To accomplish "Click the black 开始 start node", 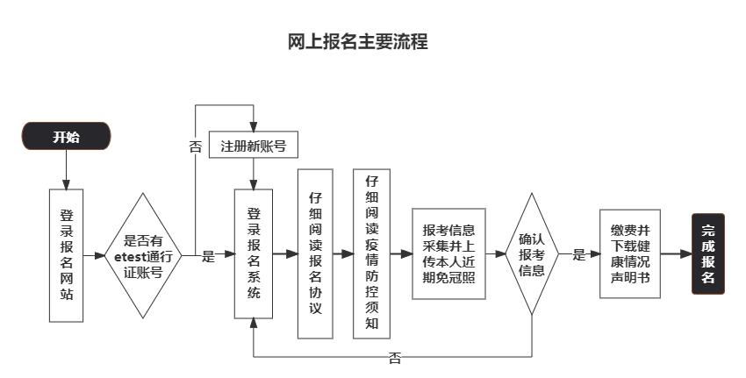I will coord(66,137).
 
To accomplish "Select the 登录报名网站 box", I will coord(66,254).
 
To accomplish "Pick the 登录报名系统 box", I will coord(253,254).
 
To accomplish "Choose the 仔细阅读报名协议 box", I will coord(315,254).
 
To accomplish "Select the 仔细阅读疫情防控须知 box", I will coord(370,254).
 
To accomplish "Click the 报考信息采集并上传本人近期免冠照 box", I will coord(448,254).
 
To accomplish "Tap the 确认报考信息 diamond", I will coord(532,254).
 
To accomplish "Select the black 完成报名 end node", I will coord(708,254).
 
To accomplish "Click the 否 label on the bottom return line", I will coord(395,358).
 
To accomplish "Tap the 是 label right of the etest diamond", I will coord(208,256).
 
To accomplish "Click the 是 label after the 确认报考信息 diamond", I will coord(578,255).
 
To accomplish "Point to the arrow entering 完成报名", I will coord(676,254).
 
